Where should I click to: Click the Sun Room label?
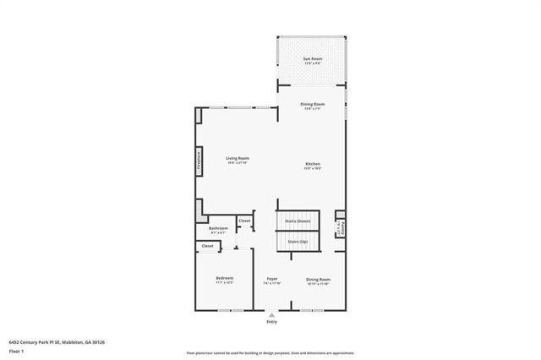(313, 58)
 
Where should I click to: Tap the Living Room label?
(237, 158)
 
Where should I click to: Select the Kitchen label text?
(313, 164)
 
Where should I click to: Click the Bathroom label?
(219, 228)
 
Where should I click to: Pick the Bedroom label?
(224, 278)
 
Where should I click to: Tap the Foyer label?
(272, 279)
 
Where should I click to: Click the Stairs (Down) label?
(298, 221)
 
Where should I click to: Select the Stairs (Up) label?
(298, 242)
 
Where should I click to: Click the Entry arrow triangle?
(271, 314)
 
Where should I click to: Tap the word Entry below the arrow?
(271, 322)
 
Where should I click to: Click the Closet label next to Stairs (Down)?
(244, 221)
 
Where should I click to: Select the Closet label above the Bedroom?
(207, 246)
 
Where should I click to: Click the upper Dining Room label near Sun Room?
(313, 104)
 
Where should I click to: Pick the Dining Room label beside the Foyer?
(318, 279)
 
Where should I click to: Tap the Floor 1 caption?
(16, 350)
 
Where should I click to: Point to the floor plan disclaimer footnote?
(270, 352)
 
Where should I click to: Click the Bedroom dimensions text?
(224, 283)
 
